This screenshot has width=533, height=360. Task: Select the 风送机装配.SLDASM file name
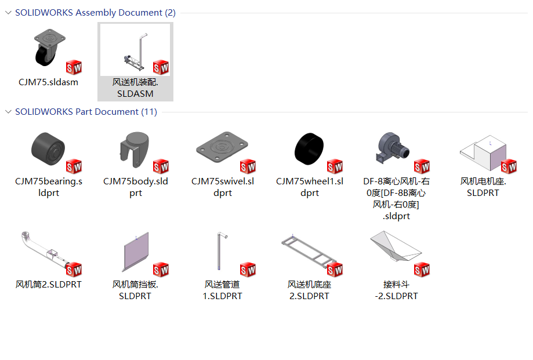tap(135, 88)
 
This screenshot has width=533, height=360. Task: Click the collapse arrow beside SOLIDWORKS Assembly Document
tap(8, 13)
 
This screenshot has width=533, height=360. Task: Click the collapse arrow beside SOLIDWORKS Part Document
tap(8, 111)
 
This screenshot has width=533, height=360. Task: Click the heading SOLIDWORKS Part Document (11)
tap(86, 111)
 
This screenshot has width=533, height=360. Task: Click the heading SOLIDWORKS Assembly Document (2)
tap(95, 13)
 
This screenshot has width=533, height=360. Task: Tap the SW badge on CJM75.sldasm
tap(74, 67)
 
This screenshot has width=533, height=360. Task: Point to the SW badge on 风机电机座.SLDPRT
tap(509, 167)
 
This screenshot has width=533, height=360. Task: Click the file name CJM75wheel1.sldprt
tap(309, 187)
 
